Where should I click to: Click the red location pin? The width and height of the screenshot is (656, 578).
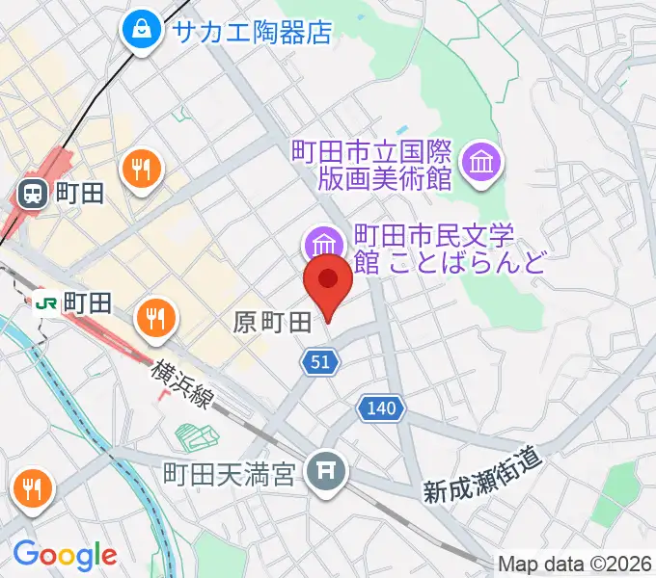[x=327, y=282]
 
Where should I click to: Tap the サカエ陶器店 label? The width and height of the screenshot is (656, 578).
[x=252, y=32]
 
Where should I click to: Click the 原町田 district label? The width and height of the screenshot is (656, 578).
[x=272, y=323]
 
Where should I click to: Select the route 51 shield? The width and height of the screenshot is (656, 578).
[x=320, y=361]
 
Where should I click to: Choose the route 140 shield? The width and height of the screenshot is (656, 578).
[x=380, y=408]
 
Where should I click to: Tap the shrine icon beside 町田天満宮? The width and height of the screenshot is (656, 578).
[x=326, y=471]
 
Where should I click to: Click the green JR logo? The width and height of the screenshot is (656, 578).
[x=45, y=303]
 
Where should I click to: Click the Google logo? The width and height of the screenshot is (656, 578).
[x=65, y=555]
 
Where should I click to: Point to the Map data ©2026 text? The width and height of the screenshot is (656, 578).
[x=575, y=564]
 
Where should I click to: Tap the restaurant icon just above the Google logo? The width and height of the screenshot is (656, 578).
[x=32, y=489]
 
